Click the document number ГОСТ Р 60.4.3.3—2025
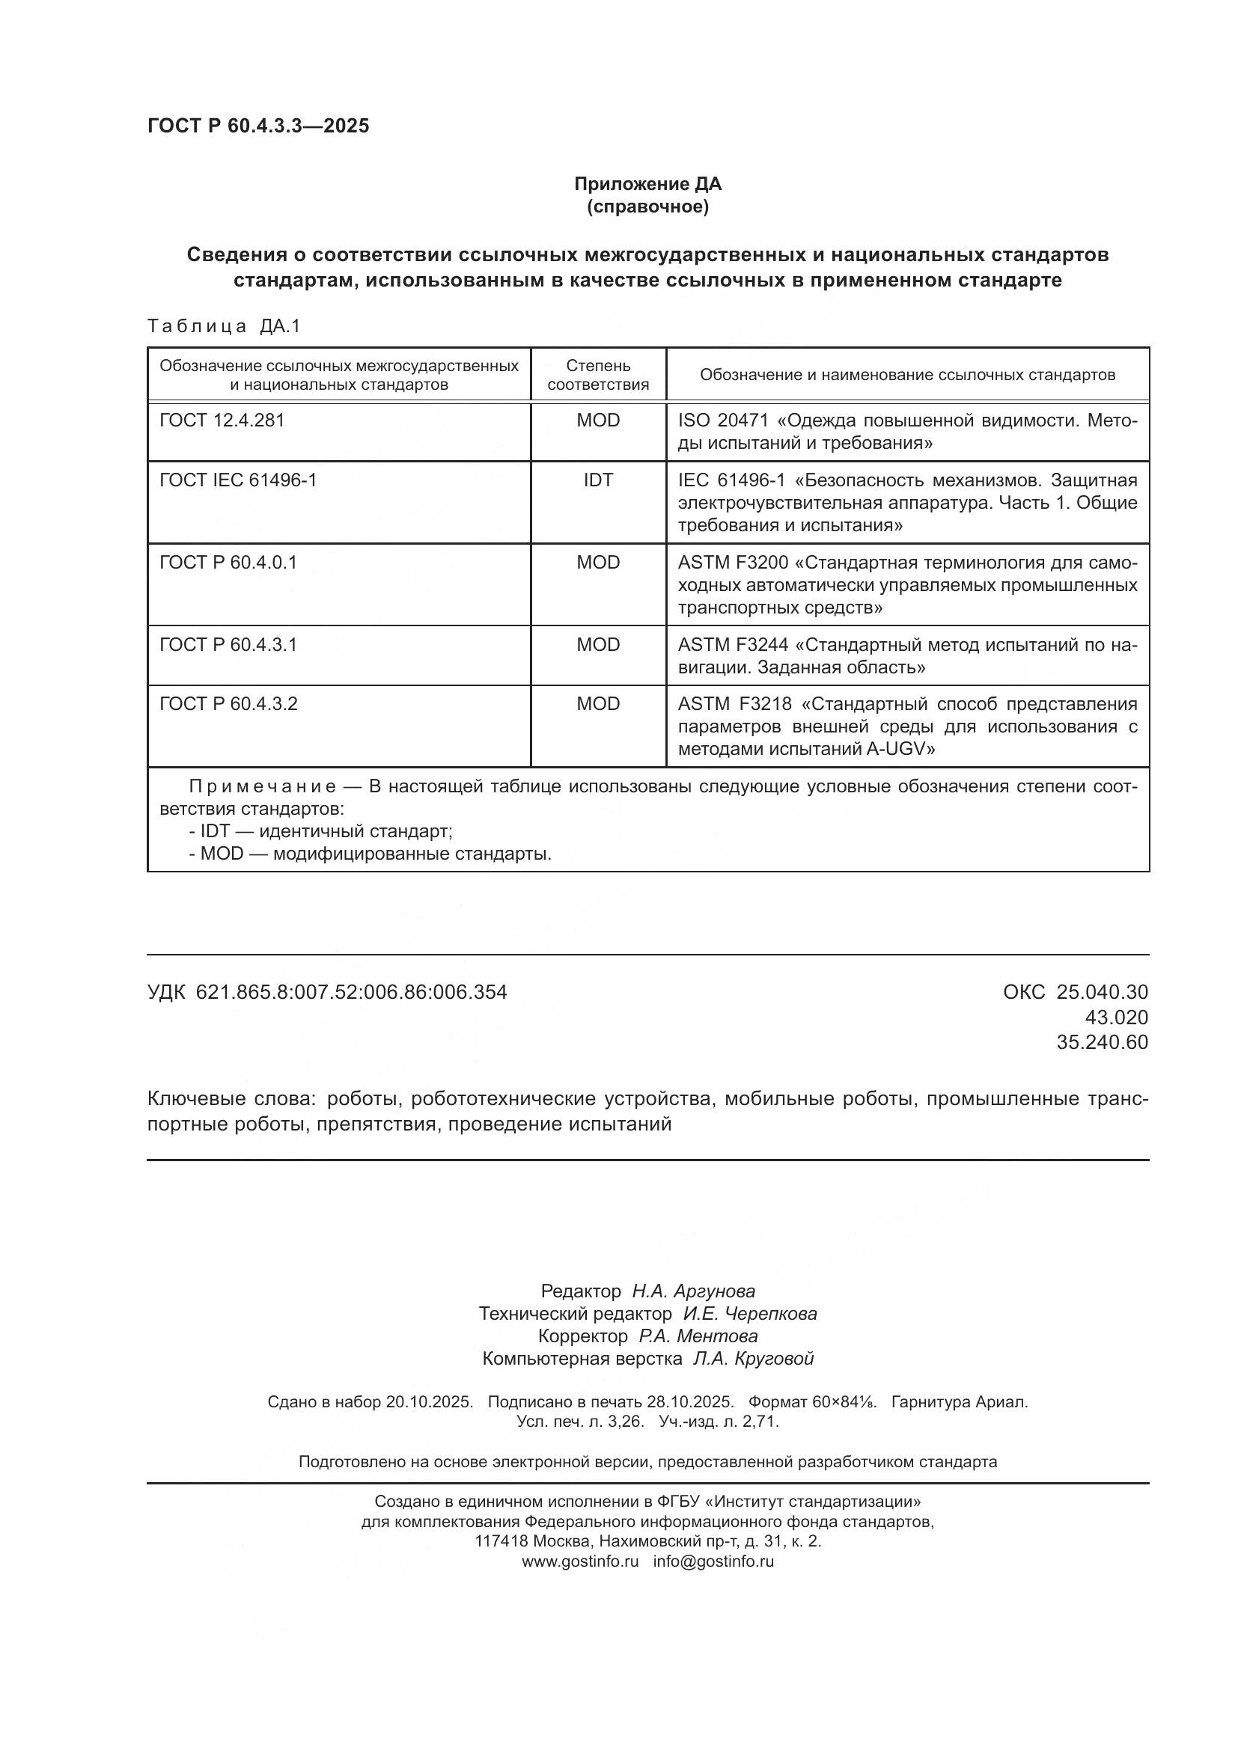tap(257, 126)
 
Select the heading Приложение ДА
tap(647, 184)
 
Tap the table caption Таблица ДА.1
tap(223, 326)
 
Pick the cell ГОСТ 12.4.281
tap(221, 420)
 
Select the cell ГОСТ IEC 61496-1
tap(237, 480)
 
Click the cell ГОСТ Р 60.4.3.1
tap(228, 645)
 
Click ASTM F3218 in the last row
tap(734, 704)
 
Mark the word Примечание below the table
tap(262, 786)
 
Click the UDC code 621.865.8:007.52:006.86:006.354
tap(350, 992)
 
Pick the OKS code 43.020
tap(1116, 1018)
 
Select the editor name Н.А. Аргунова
tap(693, 1291)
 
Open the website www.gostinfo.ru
tap(579, 1561)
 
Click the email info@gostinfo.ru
tap(713, 1561)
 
